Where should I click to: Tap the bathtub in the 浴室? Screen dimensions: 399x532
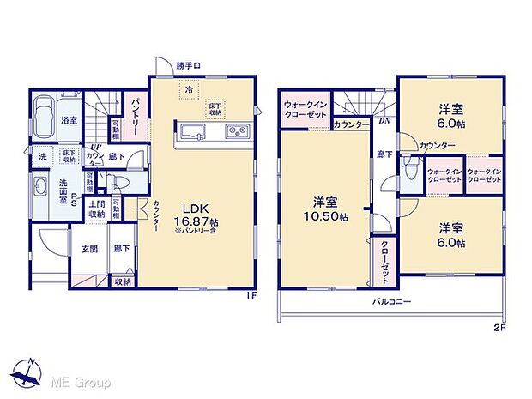44,114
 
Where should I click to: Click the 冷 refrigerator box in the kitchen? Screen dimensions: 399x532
186,88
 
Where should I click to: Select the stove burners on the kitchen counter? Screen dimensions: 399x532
236,131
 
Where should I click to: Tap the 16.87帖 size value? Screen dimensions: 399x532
196,219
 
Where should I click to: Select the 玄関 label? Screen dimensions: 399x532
89,250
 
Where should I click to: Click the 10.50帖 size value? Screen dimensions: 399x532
325,217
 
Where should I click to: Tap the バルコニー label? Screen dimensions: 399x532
391,302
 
